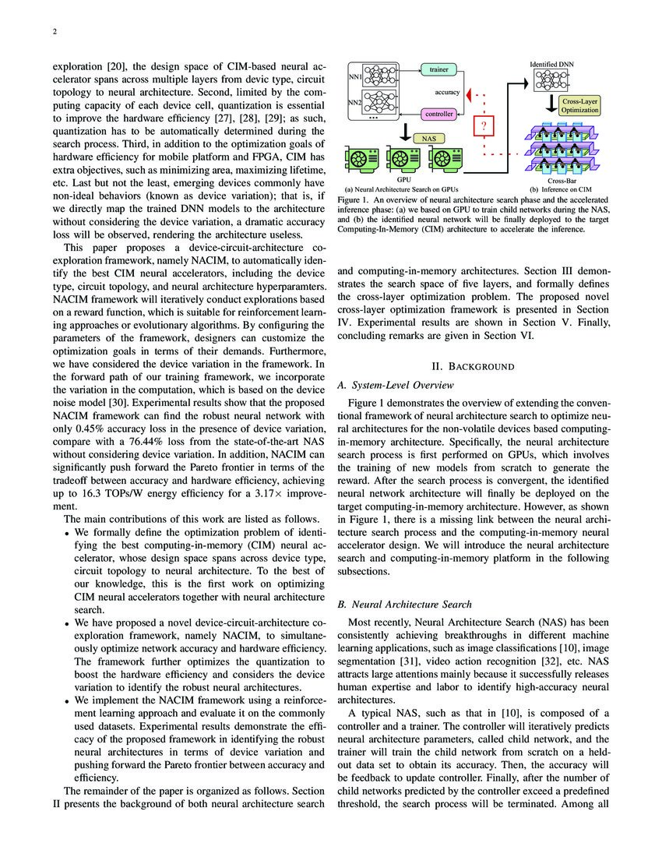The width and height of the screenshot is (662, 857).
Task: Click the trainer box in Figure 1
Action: coord(438,69)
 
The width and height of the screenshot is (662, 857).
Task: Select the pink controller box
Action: coord(438,114)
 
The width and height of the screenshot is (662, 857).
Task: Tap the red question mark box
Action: coord(484,127)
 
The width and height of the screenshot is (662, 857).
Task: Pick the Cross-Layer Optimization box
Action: coord(579,106)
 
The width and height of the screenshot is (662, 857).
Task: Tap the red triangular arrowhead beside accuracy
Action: coord(469,93)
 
